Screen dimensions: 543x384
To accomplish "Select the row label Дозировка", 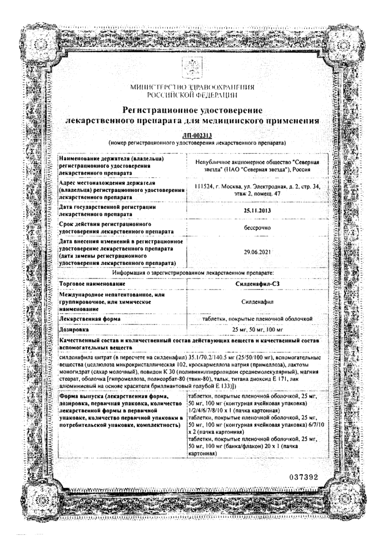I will [74, 329].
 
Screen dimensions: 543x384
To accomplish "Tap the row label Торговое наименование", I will [90, 285].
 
